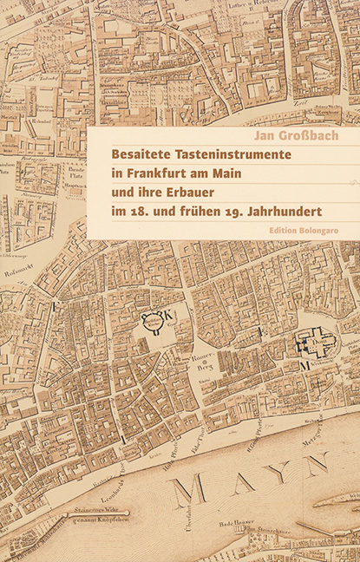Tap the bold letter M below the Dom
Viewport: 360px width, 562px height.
(x=304, y=368)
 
